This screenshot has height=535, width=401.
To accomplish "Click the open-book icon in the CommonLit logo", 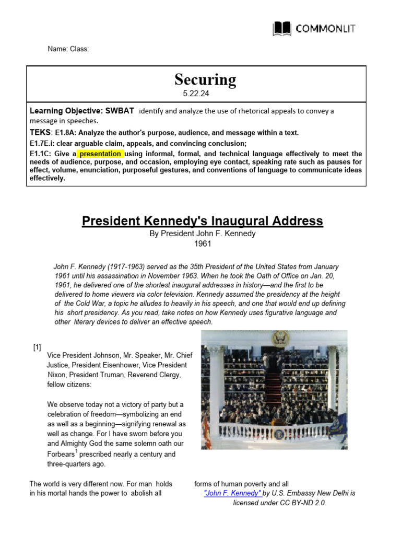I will click(282, 28).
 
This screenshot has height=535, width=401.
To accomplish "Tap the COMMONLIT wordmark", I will click(326, 29).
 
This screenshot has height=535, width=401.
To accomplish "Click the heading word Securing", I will click(205, 80).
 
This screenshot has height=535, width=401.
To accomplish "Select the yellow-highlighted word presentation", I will click(101, 154).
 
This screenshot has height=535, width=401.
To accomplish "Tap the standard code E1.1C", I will click(41, 154).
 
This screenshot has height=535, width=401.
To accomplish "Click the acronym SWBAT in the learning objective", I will click(120, 111).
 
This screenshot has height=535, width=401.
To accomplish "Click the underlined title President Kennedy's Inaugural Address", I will click(203, 221).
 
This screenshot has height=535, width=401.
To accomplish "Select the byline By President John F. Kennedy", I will click(203, 234).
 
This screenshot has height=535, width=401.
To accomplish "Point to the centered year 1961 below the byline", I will click(203, 245).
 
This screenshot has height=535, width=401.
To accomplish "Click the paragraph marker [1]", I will click(37, 347).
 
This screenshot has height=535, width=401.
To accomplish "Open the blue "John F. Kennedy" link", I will click(232, 493).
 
